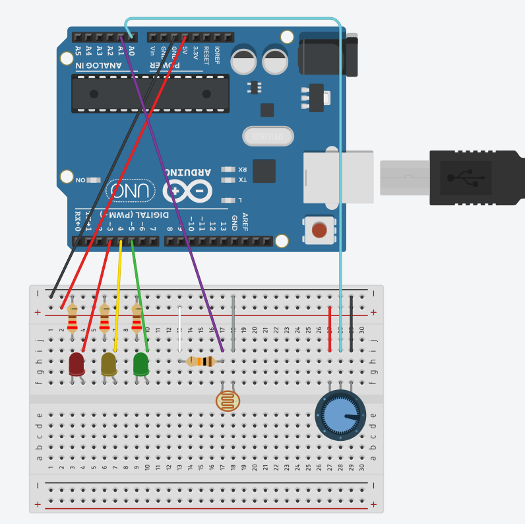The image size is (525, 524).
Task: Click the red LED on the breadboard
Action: click(77, 363)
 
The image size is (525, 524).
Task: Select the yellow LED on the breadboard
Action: click(109, 363)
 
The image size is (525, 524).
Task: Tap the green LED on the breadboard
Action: click(141, 364)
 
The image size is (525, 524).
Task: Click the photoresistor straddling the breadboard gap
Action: click(228, 401)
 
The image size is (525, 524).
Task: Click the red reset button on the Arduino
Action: click(319, 230)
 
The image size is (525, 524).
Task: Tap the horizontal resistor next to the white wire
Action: click(201, 361)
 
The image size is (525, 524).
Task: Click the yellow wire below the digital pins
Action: click(118, 297)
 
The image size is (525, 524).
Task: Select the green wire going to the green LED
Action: click(139, 297)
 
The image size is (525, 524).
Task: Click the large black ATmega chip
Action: click(150, 93)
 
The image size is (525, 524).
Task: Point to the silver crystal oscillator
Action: click(267, 136)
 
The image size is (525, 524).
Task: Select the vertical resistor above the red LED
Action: click(73, 318)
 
